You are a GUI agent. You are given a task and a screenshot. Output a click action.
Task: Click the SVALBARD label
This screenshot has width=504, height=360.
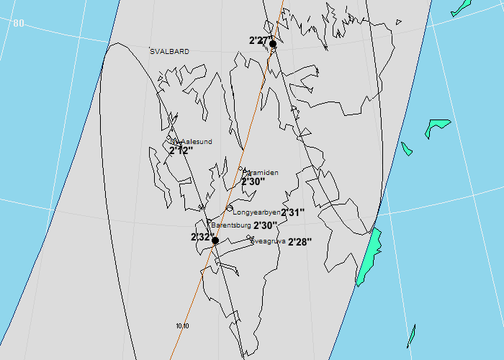click(170, 51)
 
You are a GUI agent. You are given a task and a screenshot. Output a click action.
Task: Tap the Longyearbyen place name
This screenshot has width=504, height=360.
click(256, 212)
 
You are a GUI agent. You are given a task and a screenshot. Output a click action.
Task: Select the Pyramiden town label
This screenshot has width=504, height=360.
click(261, 173)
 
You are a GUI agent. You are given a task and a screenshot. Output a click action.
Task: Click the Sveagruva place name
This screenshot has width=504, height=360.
click(269, 241)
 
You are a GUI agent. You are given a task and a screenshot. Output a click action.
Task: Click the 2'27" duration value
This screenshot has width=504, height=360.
click(258, 40)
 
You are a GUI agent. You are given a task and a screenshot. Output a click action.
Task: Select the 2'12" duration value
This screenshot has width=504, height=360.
click(181, 151)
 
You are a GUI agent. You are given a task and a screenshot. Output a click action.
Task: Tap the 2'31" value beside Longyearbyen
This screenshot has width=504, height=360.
click(293, 213)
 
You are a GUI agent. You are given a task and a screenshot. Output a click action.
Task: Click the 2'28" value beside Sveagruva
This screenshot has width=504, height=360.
click(300, 243)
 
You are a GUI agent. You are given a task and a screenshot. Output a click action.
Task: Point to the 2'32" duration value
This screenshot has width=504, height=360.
click(201, 238)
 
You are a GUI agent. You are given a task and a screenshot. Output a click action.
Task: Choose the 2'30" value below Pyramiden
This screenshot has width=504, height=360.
click(253, 182)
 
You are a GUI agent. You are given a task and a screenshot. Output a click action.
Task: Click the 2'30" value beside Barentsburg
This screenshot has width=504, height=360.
click(266, 225)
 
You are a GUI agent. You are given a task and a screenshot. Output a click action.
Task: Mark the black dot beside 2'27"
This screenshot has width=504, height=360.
click(273, 44)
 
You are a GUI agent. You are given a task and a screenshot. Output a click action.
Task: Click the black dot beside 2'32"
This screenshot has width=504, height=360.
click(215, 240)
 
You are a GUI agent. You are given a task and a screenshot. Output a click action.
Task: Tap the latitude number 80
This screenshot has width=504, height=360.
click(18, 23)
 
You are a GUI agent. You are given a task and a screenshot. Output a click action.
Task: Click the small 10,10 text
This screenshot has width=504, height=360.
click(182, 326)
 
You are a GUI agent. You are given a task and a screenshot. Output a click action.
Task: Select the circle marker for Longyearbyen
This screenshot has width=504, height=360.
click(229, 208)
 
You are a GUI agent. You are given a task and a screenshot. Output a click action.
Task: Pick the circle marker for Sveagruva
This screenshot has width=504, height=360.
click(248, 238)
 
